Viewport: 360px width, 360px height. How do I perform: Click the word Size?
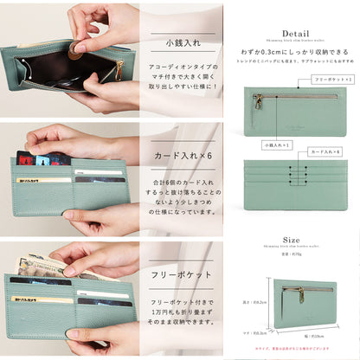tap(292, 241)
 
